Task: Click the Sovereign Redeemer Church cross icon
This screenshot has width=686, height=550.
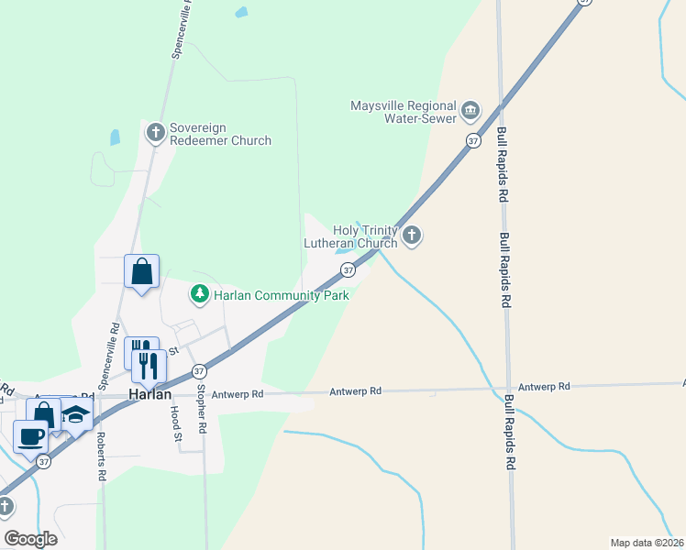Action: coord(155,132)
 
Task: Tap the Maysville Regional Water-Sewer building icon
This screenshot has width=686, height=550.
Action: coord(470,111)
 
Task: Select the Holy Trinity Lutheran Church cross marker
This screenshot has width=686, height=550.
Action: coord(412,236)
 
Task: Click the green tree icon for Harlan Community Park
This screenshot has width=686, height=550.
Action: coord(199,294)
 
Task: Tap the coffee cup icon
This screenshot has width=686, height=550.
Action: coord(30,435)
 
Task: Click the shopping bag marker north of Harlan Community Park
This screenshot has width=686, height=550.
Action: coord(141,271)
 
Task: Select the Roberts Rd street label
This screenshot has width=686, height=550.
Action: coord(101,456)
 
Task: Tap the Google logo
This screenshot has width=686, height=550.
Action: coord(30,539)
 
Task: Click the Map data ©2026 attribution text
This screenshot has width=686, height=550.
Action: coord(647,542)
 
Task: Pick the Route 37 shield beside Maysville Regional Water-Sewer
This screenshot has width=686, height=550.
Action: coord(472,140)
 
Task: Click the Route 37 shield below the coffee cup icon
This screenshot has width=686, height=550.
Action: coord(43,461)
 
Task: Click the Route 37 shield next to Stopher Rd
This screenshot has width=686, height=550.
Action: coord(199,371)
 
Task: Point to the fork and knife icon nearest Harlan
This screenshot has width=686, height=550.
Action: coord(149,365)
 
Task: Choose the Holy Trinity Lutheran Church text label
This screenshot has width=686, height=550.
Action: coord(352,236)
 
